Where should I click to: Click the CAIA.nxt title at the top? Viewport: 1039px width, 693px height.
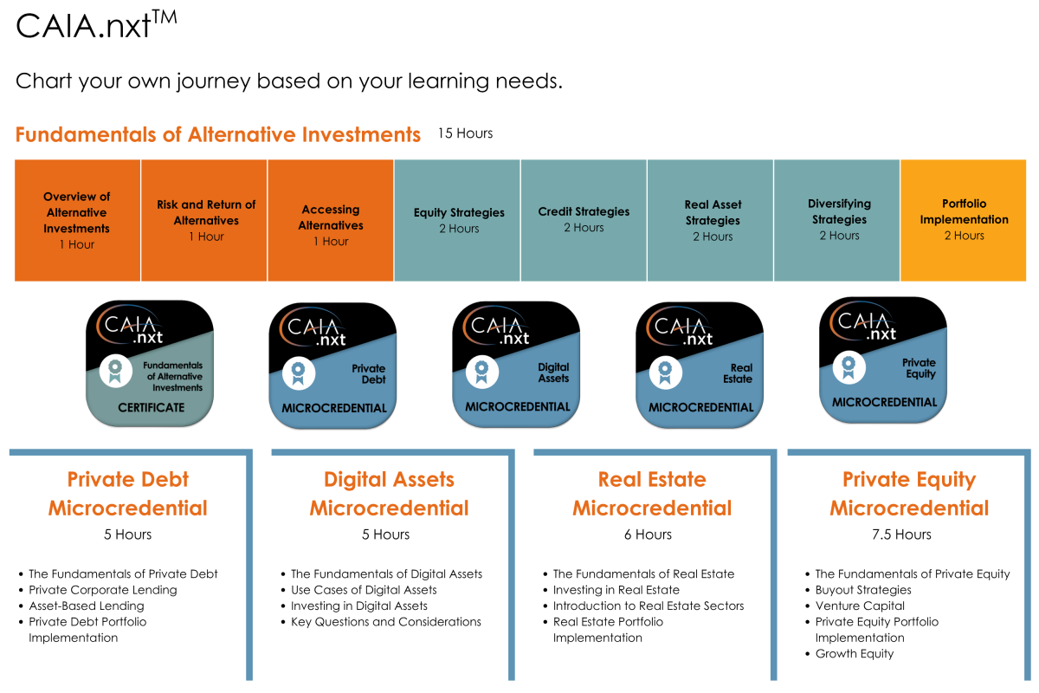(96, 25)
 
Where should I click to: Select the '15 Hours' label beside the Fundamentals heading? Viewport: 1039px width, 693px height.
(465, 133)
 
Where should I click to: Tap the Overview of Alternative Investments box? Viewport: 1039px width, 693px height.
(77, 221)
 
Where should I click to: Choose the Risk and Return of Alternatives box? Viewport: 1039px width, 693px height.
(204, 221)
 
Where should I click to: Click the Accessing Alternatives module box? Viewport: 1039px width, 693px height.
(331, 221)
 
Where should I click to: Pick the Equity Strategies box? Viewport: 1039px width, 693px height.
(457, 221)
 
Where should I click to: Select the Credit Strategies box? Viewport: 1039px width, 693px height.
(584, 221)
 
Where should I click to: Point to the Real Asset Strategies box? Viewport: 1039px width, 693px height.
(711, 221)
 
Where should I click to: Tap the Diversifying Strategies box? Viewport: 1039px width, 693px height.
(837, 221)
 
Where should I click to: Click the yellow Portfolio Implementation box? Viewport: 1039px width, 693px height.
(964, 221)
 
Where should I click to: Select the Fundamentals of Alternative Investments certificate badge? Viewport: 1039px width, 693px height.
(150, 364)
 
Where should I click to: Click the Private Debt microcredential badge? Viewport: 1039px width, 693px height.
(332, 366)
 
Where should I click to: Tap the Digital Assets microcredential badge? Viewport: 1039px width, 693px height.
(516, 365)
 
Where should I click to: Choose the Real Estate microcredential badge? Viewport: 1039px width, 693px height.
(700, 365)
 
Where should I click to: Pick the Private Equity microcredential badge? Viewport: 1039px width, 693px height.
(883, 360)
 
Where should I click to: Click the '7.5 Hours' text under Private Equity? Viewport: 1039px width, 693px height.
(901, 534)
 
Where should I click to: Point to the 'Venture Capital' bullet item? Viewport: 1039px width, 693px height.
(860, 606)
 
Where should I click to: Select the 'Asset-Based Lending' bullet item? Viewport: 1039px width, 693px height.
(87, 606)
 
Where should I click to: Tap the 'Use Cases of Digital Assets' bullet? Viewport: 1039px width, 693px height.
(364, 590)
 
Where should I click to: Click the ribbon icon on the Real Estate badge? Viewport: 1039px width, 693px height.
(666, 372)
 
